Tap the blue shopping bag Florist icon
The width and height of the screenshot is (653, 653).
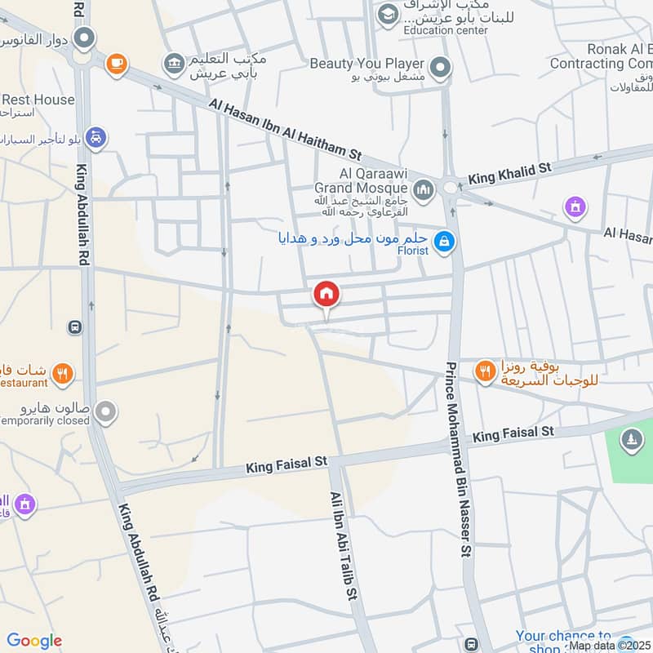tap(444, 242)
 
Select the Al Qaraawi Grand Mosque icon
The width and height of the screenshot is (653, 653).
tap(423, 191)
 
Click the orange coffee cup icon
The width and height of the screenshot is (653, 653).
tap(117, 62)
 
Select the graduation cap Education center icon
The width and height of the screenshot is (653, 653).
tap(387, 13)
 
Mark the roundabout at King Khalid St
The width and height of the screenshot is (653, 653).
tap(451, 188)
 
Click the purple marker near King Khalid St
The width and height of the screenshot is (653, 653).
tap(576, 207)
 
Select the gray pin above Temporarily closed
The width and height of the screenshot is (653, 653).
tap(104, 412)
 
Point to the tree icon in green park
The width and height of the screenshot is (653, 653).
tap(630, 441)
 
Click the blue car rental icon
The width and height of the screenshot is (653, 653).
tap(96, 139)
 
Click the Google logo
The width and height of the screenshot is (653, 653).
tap(34, 642)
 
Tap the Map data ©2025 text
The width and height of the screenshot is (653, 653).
tap(610, 646)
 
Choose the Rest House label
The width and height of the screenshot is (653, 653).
tap(38, 100)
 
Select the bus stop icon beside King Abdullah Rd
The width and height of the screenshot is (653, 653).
tap(75, 326)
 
